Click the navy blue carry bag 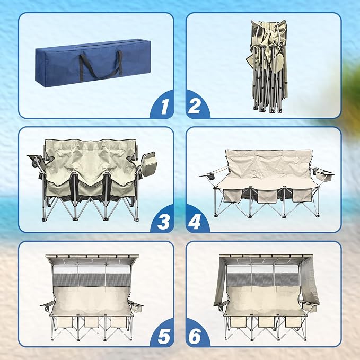(x=93, y=63)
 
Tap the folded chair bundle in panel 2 (x=268, y=67)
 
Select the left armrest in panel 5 (x=48, y=304)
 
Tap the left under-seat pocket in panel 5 (x=65, y=322)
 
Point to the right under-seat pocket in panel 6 (x=293, y=322)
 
